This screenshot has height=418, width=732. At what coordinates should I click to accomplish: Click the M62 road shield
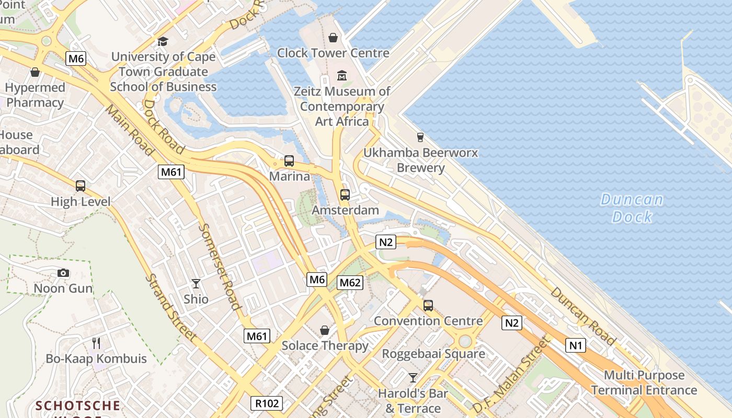pos(350,283)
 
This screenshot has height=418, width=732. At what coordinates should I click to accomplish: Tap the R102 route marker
pos(267,403)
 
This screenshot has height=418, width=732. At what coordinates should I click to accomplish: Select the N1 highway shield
pos(576,345)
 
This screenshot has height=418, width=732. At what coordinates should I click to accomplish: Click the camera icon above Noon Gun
pos(63,273)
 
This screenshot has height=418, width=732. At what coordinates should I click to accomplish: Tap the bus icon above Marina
pos(289,161)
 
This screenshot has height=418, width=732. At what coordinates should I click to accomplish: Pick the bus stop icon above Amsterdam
pos(345,195)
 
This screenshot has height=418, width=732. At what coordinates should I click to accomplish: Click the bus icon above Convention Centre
pos(428,306)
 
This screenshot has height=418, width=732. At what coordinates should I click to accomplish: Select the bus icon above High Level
pos(81,186)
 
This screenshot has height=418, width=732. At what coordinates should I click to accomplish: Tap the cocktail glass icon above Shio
pos(196,284)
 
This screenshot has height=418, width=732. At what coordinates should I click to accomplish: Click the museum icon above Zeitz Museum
pos(342,76)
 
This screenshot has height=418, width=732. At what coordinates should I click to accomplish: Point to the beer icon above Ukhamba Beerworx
pos(420,137)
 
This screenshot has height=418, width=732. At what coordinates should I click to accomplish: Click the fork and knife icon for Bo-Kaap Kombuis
pos(96,343)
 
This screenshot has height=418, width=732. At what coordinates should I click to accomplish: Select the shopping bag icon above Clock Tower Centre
pos(333,38)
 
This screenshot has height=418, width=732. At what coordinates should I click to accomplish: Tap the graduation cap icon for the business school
pos(163,41)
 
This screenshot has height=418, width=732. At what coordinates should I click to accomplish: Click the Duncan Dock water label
pos(632,208)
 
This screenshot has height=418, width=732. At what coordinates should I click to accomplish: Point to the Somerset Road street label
pos(220,267)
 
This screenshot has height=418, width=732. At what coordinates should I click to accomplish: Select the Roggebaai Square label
pos(433,354)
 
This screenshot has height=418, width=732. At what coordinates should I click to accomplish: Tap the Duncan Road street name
pos(583,316)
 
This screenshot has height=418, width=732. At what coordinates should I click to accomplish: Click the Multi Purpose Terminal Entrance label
pos(644,382)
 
